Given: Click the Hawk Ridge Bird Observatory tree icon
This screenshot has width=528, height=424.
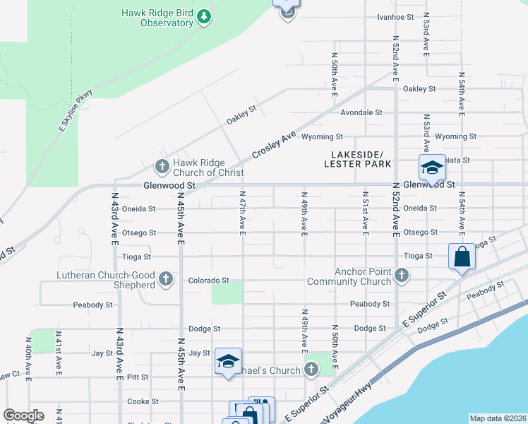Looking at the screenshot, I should click(x=204, y=16).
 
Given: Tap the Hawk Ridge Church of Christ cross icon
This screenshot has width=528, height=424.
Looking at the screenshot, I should click(x=162, y=167).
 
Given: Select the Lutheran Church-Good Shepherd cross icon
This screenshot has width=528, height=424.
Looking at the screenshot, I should click(x=166, y=278).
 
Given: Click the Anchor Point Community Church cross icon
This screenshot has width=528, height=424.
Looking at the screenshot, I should click(x=402, y=275).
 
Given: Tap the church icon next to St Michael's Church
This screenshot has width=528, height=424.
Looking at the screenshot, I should click(x=311, y=369).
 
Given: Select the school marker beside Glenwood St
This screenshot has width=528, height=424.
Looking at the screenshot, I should click(x=431, y=168).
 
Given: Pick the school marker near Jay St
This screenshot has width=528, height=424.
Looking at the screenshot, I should click(x=228, y=362).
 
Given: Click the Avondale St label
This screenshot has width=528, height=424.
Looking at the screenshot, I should click(x=361, y=112).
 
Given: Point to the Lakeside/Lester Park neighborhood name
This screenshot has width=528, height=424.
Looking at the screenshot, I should click(x=357, y=159).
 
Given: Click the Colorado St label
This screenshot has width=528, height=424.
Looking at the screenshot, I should click(x=209, y=281).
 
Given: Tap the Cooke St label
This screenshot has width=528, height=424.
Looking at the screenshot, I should click(x=143, y=401).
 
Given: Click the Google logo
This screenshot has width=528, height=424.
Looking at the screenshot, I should click(x=23, y=416).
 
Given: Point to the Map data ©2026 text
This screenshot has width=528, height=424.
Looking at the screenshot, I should click(x=497, y=418).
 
